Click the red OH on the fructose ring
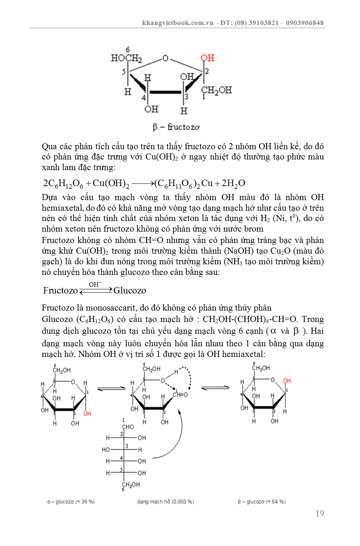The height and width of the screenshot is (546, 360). pos(208,58)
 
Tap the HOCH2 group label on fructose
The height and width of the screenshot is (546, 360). pos(126,58)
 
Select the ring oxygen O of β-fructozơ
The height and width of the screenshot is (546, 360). pos(165,58)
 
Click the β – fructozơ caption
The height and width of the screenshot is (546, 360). pos(176,127)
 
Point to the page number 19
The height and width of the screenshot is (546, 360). pos(320,513)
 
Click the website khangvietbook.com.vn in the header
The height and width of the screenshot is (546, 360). pos(178,23)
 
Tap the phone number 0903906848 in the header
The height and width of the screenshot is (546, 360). pos(305,23)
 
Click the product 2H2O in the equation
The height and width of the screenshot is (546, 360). pos(234,183)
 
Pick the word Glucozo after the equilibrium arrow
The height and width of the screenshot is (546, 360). pos(130,290)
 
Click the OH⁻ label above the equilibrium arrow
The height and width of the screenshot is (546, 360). pos(95,284)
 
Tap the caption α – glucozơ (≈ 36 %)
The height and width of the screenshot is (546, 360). pos(71,502)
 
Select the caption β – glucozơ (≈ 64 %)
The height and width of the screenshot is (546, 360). pos(262,502)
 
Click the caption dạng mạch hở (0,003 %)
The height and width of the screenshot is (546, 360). pos(166,502)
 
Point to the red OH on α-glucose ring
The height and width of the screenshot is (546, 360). pos(87,413)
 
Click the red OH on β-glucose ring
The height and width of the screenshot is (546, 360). pos(287,380)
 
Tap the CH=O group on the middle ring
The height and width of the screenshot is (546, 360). pos(180,395)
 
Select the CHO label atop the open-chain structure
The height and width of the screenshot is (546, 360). pos(128,427)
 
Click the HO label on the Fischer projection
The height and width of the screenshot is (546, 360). pos(106,450)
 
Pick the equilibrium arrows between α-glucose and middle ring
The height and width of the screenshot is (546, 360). pos(111,388)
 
